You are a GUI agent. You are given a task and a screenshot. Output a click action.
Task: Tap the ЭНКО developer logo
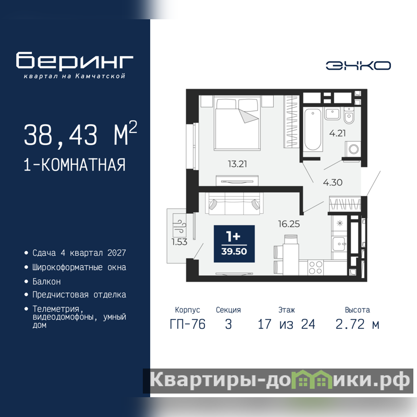point(358,66)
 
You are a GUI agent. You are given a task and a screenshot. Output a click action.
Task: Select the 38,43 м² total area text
point(80,134)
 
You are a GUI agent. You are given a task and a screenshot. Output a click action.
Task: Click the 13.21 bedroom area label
point(237,164)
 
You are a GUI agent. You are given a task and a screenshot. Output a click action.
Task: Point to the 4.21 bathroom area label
point(337,133)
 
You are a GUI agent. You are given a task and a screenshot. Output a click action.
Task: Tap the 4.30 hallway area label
point(333,182)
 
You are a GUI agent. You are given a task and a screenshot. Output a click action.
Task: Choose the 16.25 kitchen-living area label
point(289,224)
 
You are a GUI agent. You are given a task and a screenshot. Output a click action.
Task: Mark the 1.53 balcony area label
point(179,242)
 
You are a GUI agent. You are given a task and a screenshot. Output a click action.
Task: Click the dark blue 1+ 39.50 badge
point(234,243)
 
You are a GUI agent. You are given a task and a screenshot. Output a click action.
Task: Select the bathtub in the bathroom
point(312,129)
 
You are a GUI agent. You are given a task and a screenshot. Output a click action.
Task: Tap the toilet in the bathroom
point(349,115)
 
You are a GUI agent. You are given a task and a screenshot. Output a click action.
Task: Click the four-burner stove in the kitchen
point(315,268)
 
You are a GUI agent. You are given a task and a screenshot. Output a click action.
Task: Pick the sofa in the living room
point(234,203)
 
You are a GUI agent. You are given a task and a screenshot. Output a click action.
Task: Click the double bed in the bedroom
point(237,124)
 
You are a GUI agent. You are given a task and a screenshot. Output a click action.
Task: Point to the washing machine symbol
point(353,149)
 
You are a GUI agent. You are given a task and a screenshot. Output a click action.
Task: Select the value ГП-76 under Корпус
point(188,324)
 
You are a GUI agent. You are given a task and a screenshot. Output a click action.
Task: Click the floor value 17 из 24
point(286,324)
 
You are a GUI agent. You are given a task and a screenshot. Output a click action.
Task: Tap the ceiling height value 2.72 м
point(358,324)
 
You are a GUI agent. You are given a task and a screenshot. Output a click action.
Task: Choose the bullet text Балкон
point(46,281)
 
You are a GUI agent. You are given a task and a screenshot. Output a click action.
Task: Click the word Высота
point(358,310)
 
